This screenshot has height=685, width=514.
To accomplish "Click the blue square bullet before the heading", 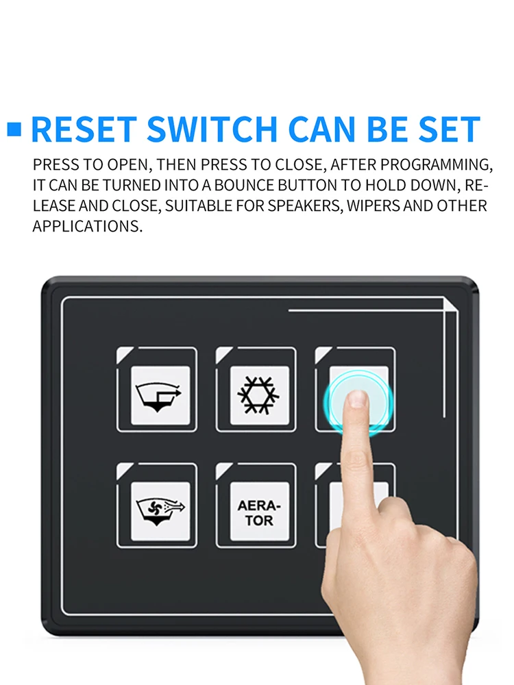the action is (14, 129).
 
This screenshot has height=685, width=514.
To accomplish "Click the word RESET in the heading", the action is (84, 129).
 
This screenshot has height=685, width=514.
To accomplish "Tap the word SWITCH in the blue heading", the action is (212, 129).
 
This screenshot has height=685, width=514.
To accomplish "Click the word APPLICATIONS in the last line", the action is (88, 226).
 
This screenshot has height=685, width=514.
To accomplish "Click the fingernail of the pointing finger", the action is (358, 399).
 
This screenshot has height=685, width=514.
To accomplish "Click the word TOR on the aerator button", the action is (259, 521).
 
